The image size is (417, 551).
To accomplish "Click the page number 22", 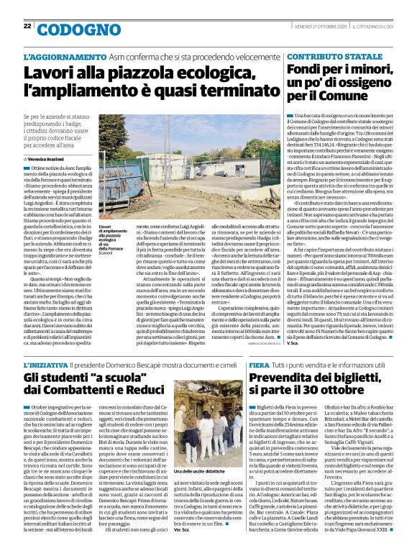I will pyautogui.click(x=27, y=26).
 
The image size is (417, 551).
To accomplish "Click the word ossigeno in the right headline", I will pyautogui.click(x=363, y=82).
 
